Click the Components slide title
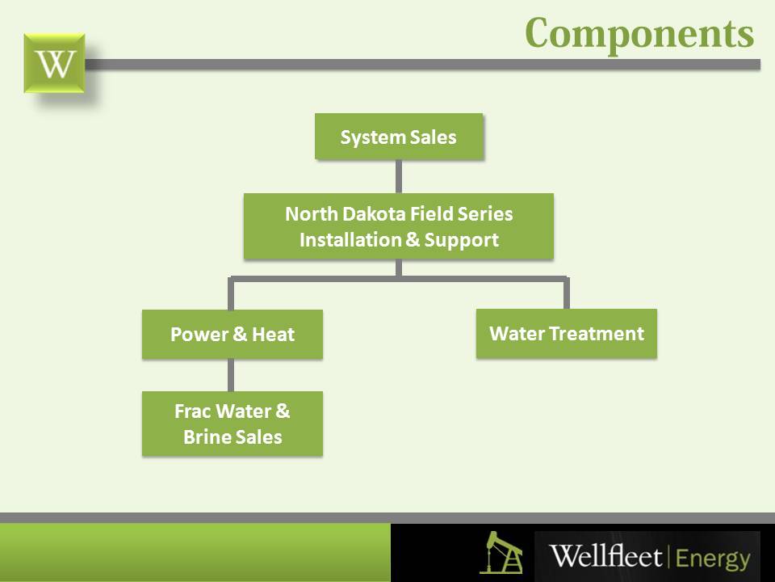639,32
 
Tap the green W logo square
54,63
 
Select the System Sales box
399,137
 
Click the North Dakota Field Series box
399,226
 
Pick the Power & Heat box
232,334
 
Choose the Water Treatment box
567,333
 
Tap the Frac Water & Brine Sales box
232,424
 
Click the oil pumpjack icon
500,552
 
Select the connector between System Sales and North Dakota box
399,176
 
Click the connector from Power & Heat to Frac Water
232,375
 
